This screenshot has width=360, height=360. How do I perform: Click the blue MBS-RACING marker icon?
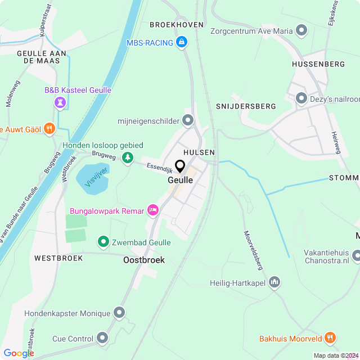[x=181, y=43]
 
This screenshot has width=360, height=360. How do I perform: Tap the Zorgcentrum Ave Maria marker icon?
[x=301, y=30]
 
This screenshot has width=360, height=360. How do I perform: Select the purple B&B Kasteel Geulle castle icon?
[x=61, y=102]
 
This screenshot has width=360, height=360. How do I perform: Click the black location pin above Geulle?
[x=180, y=167]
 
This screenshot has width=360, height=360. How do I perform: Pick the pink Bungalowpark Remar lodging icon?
[x=152, y=211]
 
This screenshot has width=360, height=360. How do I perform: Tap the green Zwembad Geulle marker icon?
[x=103, y=242]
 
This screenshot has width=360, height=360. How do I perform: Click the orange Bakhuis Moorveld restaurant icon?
[x=330, y=339]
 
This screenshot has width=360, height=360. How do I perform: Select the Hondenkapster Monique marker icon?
[x=119, y=312]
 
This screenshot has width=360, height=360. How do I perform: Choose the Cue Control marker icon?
[x=102, y=338]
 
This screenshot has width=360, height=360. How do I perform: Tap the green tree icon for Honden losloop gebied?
[x=129, y=158]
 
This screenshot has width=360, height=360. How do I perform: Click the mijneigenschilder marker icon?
[x=188, y=120]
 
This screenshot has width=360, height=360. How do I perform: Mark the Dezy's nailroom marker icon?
[x=301, y=98]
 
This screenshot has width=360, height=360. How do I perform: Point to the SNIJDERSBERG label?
[x=246, y=106]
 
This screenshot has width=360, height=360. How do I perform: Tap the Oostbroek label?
[x=144, y=260]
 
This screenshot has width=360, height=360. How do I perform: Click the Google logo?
[x=19, y=353]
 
